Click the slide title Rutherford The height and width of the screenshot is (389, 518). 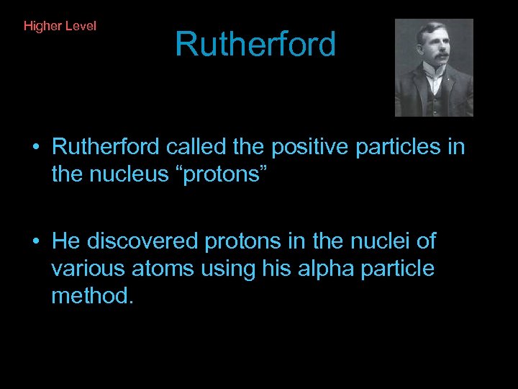click(x=255, y=45)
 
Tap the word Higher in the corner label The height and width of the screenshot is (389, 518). click(x=42, y=26)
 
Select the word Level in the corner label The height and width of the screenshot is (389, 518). click(x=81, y=26)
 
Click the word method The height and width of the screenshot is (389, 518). click(x=92, y=295)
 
